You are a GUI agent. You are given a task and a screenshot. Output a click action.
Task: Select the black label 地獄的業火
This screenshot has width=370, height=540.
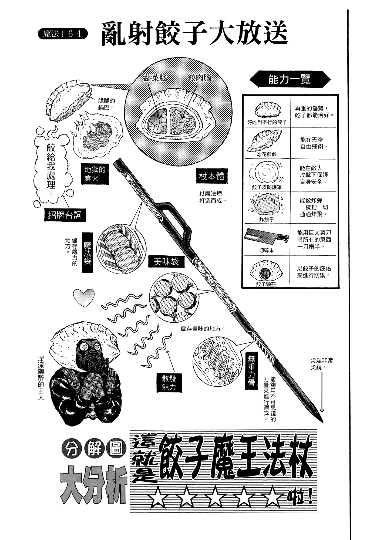95,174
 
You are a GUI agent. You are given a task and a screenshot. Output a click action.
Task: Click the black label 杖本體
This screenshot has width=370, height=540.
211,177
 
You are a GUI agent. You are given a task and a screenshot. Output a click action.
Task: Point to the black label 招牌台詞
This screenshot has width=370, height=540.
65,215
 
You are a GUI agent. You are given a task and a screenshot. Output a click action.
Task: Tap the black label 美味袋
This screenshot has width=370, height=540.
166,261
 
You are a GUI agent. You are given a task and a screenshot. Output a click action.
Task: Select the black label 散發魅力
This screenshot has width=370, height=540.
169,383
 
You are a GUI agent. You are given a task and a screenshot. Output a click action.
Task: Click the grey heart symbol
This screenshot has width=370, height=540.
84,298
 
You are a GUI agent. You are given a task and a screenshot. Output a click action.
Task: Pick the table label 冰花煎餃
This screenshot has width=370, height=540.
267,154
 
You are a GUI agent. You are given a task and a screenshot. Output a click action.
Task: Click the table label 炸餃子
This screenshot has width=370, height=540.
267,220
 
